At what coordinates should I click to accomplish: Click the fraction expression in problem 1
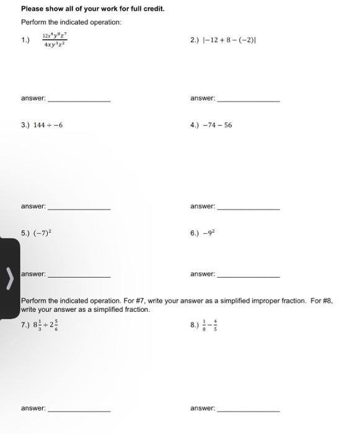pos(55,41)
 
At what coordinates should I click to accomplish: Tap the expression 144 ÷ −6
pos(50,125)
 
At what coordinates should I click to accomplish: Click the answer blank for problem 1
pos(79,100)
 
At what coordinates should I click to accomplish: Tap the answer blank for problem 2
pos(248,100)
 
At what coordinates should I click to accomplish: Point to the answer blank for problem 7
pos(79,410)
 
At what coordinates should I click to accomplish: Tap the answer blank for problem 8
pos(248,410)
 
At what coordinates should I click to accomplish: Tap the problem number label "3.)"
pos(25,125)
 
